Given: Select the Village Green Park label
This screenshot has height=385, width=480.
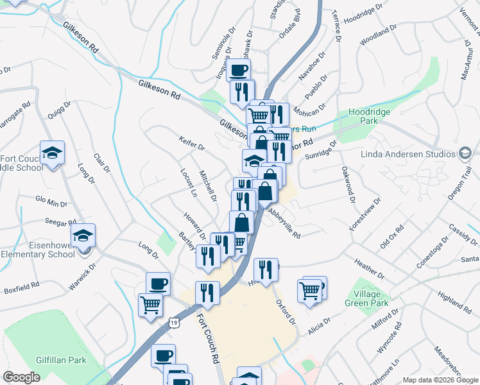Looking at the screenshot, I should click(x=366, y=298).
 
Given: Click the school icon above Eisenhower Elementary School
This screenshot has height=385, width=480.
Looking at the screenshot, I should click(x=83, y=236).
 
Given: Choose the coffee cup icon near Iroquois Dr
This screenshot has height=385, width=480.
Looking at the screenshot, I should click(x=239, y=70).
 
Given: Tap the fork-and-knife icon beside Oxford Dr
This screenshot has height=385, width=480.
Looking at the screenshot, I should click(x=266, y=269).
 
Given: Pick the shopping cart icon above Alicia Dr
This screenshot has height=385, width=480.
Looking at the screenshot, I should click(x=311, y=290).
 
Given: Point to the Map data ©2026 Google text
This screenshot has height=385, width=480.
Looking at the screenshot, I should click(x=440, y=380).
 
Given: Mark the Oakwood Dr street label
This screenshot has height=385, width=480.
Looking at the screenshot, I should click(x=348, y=181).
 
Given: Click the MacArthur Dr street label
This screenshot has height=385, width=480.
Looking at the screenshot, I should click(x=467, y=61).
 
